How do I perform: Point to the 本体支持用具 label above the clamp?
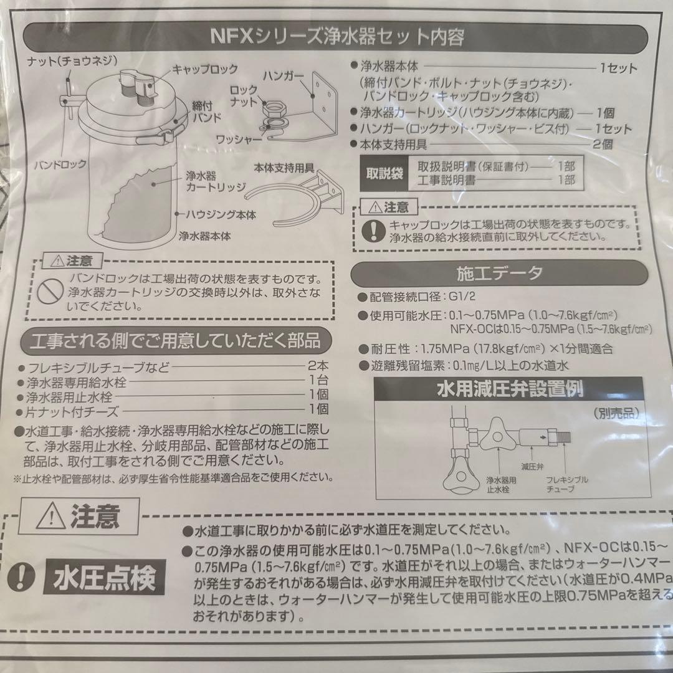coord(284,168)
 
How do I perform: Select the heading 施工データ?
coord(500,272)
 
